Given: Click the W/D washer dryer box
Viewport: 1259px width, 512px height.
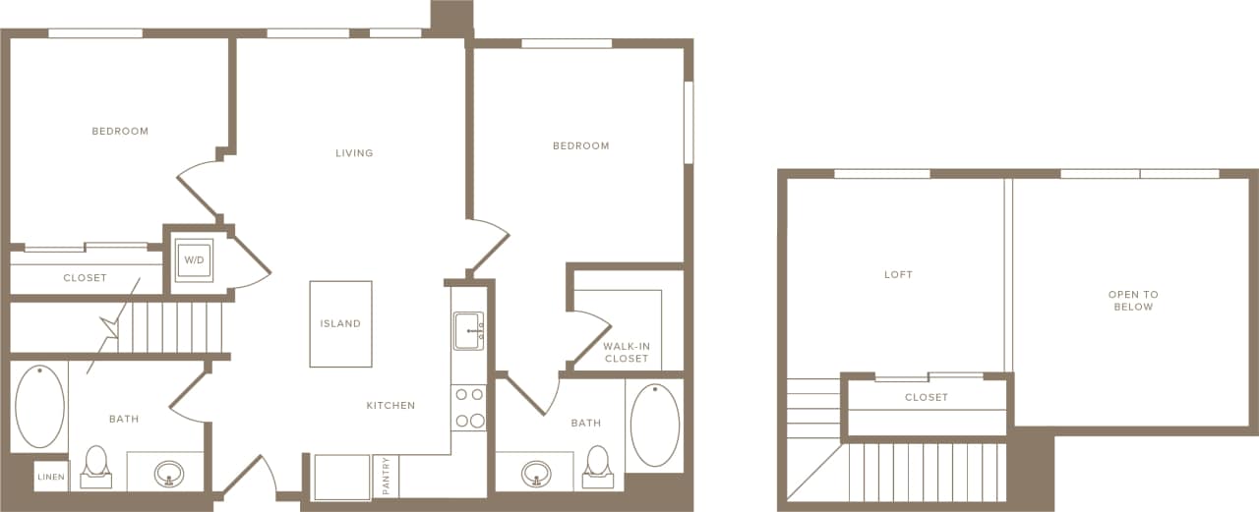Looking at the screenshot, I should click(194, 260).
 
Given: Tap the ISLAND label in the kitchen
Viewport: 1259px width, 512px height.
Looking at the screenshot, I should click(340, 323).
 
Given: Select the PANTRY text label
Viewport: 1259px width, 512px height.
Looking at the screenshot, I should click(387, 476).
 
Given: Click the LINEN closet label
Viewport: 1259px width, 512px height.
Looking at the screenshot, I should click(51, 478).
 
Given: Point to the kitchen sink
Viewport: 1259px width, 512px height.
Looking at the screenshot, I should click(468, 331).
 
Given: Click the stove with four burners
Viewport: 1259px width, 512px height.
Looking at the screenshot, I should click(469, 408).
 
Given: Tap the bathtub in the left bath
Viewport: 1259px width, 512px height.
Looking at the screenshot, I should click(39, 407).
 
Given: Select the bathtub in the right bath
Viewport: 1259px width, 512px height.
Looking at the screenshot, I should click(654, 425).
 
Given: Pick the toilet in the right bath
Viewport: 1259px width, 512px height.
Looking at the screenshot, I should click(598, 466).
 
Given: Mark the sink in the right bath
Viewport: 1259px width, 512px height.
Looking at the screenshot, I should click(536, 474).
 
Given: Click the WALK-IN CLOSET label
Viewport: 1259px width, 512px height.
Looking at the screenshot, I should click(627, 352).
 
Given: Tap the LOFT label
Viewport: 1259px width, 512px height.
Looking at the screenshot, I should click(898, 275).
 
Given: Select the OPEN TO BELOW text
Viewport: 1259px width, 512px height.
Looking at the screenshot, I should click(1133, 301).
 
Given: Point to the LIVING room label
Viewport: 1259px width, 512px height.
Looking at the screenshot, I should click(354, 153).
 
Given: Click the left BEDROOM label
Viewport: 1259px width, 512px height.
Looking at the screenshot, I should click(120, 132).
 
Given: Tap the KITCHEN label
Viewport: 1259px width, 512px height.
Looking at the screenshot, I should click(390, 406).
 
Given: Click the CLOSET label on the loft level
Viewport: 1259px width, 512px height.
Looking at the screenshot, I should click(927, 398).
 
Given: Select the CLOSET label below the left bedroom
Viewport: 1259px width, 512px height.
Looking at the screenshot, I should click(85, 278).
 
